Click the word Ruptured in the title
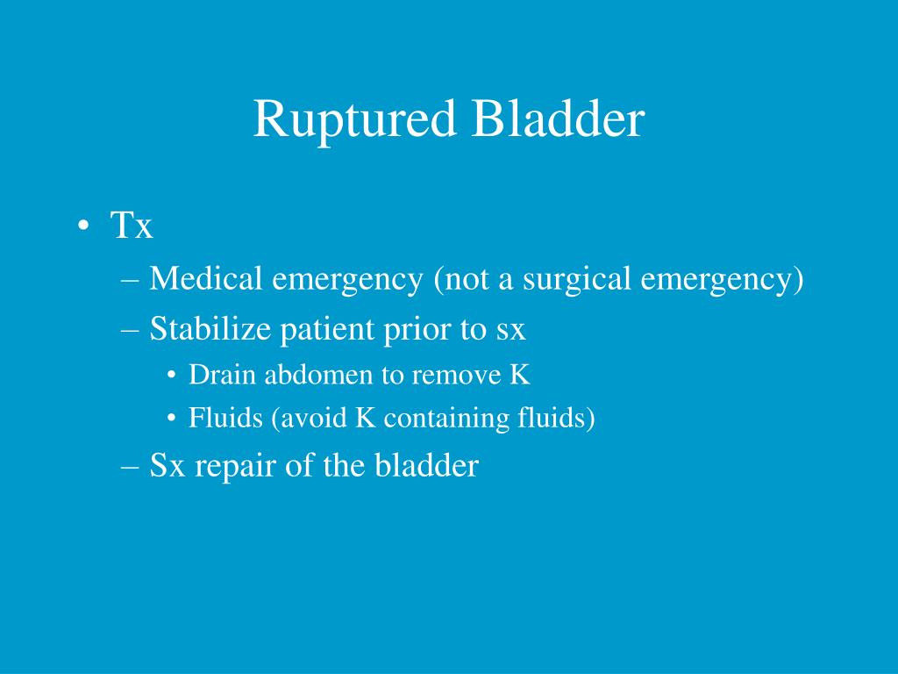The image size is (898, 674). [x=355, y=119]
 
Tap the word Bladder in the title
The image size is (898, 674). [x=557, y=119]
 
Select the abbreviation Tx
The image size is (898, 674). [x=132, y=226]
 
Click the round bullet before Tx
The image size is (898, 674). [x=82, y=227]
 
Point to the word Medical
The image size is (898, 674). [x=205, y=280]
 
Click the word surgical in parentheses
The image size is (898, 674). [x=578, y=280]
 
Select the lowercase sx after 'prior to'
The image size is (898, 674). [x=511, y=331]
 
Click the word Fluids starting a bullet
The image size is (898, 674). [x=225, y=419]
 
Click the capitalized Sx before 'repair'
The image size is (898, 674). [x=167, y=466]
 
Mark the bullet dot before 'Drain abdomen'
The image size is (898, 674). [x=172, y=376]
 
